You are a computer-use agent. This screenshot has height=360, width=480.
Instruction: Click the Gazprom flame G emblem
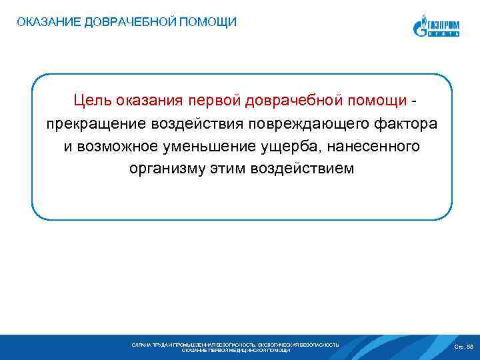pyautogui.click(x=419, y=28)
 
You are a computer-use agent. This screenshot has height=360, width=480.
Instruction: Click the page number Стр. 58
pyautogui.click(x=463, y=347)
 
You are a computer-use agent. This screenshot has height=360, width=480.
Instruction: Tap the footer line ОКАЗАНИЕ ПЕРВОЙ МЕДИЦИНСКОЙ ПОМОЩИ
pyautogui.click(x=235, y=351)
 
